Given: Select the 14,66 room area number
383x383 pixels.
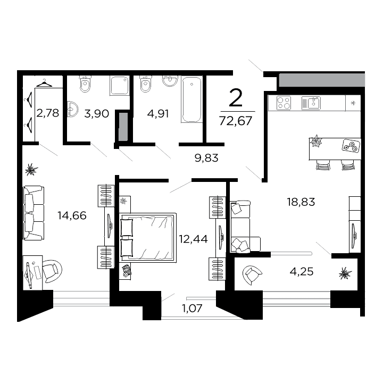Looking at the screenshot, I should (72, 215).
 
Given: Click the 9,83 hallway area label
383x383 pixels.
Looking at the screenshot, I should (207, 157).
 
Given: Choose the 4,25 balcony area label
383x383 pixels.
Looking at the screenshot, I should (302, 271).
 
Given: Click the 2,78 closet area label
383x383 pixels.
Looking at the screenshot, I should (47, 112).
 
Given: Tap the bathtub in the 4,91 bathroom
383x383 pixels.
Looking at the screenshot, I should (191, 99).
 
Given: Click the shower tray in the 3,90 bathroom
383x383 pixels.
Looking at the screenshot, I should (120, 85).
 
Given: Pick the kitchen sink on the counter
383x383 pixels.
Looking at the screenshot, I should (311, 102).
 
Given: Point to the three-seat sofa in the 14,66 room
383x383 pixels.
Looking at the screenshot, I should (34, 212).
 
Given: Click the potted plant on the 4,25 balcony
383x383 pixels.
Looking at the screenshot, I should (345, 273).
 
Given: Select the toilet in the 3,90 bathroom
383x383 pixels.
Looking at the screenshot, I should (86, 84).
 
